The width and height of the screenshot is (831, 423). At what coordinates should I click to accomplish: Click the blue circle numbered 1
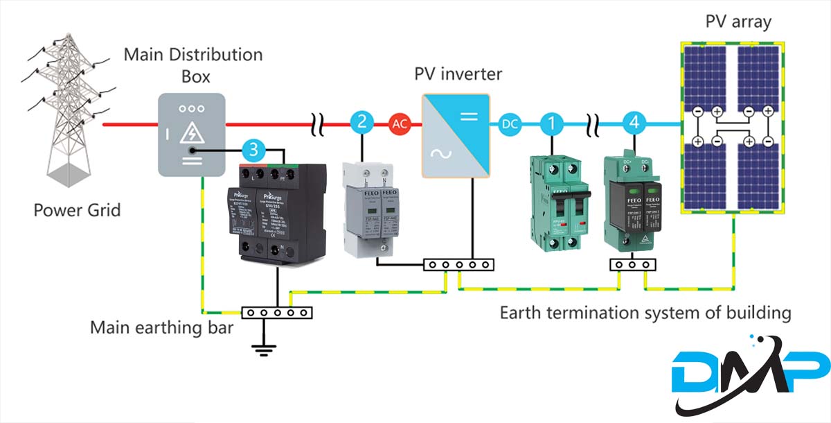pos(552,124)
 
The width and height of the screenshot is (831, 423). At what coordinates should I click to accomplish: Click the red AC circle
pos(400,124)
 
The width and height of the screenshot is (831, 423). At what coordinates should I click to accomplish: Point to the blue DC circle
pos(509,124)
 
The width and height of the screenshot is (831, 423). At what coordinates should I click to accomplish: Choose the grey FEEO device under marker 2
pos(371,208)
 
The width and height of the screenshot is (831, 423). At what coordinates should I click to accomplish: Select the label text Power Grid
pos(76,209)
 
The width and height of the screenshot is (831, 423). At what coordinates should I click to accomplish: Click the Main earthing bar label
pos(161,326)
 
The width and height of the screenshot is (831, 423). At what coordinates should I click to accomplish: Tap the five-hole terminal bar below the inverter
pos(458,264)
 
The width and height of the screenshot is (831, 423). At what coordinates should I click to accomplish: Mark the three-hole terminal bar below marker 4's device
pos(632,264)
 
